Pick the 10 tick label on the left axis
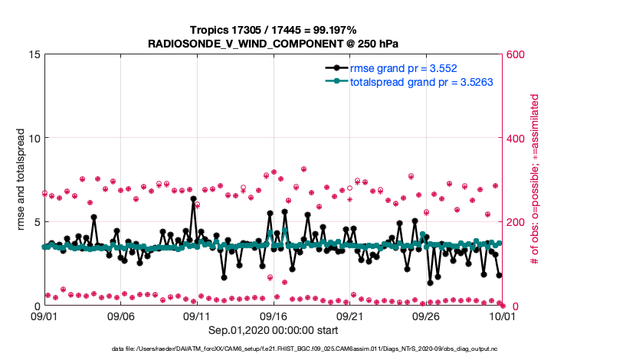click(32, 138)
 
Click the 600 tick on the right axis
click(516, 54)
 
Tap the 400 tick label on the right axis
click(516, 138)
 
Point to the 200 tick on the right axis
click(516, 222)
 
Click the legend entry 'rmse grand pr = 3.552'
click(404, 68)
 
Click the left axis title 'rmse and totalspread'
click(22, 180)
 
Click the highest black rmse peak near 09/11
click(194, 198)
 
